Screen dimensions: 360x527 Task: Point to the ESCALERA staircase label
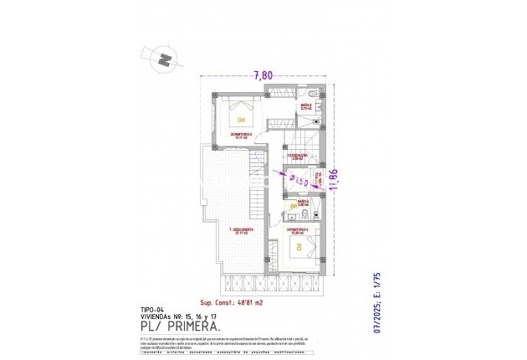coord(299,156)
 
